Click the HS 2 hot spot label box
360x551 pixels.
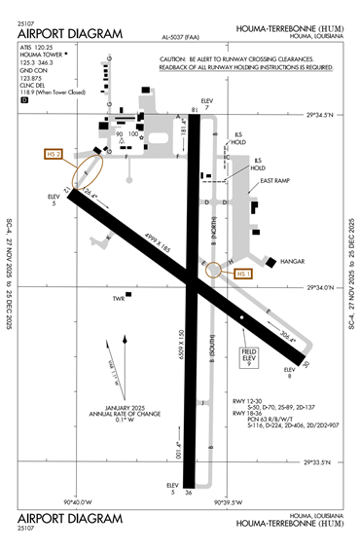[54, 154]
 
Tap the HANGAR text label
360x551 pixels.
[293, 262]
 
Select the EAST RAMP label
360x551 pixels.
[276, 181]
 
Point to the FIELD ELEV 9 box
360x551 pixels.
[250, 357]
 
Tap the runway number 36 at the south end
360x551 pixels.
[190, 494]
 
